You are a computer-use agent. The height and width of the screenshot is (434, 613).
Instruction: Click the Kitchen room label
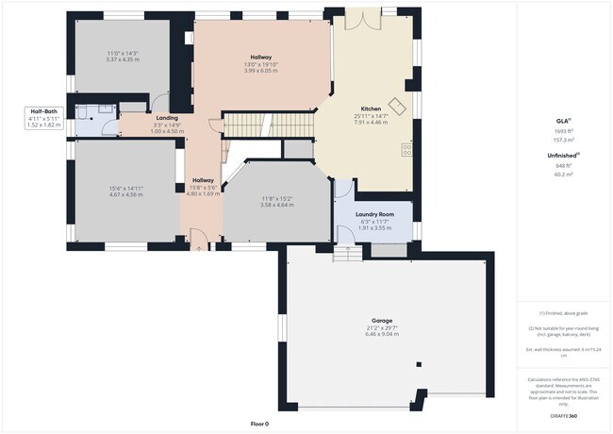click(371, 108)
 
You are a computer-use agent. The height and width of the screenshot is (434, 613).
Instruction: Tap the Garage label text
click(381, 321)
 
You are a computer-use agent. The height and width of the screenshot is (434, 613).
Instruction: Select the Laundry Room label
click(373, 214)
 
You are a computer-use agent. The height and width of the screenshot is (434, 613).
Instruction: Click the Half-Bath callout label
click(44, 110)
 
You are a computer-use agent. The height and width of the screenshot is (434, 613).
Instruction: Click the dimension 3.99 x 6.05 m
click(261, 70)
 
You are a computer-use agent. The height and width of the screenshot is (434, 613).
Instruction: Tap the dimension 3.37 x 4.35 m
click(123, 59)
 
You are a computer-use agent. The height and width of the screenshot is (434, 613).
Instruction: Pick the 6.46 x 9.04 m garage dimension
click(381, 335)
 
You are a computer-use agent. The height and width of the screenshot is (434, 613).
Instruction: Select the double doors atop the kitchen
click(359, 17)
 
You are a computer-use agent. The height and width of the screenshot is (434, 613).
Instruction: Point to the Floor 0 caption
click(259, 424)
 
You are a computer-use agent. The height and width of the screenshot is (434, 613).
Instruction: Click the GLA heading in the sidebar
click(562, 122)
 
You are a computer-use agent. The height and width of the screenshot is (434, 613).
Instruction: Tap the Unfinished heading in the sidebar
click(562, 156)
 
